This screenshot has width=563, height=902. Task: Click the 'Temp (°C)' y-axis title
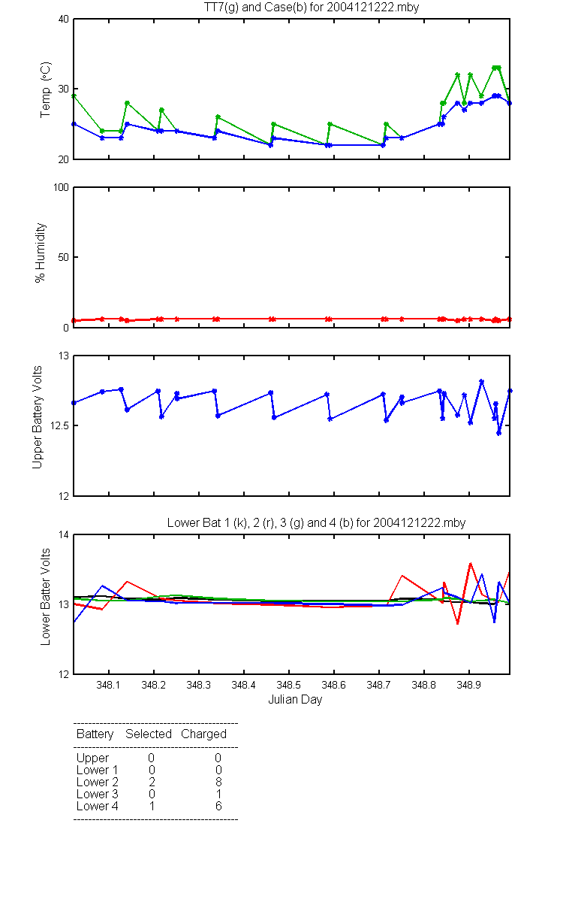[x=46, y=89]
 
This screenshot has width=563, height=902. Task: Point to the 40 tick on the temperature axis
[x=64, y=20]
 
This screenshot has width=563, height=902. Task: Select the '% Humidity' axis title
[x=41, y=253]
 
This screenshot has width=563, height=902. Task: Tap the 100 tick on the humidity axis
[x=61, y=188]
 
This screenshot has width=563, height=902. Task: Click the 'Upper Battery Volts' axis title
[x=37, y=417]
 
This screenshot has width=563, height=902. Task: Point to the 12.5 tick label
[x=59, y=425]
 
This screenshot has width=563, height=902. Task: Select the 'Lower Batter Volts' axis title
[x=46, y=597]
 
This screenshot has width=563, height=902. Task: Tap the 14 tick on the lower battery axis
[x=64, y=535]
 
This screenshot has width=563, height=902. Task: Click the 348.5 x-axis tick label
[x=289, y=685]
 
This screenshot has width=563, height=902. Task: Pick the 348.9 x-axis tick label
[x=468, y=685]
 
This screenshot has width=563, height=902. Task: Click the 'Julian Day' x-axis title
[x=295, y=700]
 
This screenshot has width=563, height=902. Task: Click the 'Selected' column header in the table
[x=149, y=734]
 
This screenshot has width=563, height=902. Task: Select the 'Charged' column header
[x=203, y=734]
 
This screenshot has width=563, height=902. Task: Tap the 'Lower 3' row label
[x=98, y=794]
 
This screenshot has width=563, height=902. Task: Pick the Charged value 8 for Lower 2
[x=218, y=782]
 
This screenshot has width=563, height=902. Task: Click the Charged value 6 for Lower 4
[x=218, y=806]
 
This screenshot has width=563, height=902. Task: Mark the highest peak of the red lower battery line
[x=470, y=563]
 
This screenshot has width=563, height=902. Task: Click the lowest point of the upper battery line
[x=498, y=433]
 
